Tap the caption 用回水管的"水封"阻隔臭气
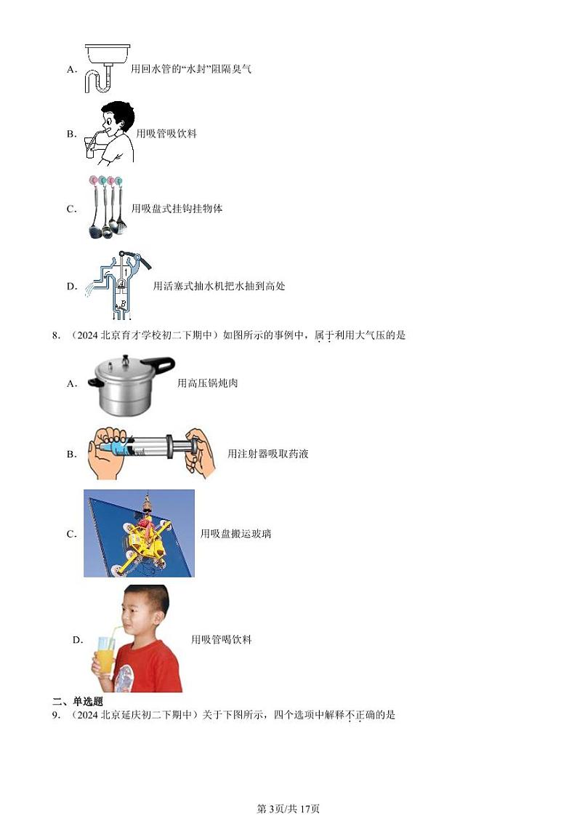191,70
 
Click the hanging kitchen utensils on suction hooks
106,208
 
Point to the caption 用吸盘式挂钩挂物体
177,209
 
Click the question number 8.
55,335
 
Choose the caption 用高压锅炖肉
207,383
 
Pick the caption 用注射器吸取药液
267,454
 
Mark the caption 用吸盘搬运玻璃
235,534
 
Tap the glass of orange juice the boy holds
105,655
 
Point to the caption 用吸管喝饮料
221,640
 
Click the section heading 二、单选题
77,701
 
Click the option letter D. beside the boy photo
78,640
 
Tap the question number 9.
55,715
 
